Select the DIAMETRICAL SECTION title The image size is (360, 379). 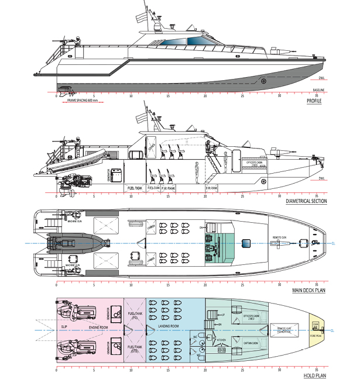[315, 201]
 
